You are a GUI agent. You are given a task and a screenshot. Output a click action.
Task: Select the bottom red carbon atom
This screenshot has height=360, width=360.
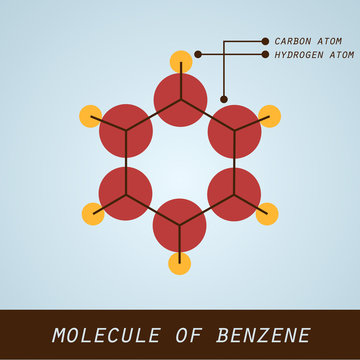[x=180, y=222]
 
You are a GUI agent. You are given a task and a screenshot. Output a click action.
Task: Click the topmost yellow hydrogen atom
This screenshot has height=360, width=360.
[x=180, y=59]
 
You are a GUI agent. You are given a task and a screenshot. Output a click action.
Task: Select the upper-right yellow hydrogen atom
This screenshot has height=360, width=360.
[x=268, y=111]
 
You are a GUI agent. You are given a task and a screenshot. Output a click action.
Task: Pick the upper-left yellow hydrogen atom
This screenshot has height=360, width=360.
[x=92, y=111]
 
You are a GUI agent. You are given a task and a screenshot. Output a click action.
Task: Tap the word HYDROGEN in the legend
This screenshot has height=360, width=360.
[x=297, y=54]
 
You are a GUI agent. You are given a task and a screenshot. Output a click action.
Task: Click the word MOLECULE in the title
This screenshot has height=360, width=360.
[x=100, y=334]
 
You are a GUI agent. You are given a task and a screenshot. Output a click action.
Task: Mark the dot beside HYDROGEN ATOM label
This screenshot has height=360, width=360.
[x=264, y=54]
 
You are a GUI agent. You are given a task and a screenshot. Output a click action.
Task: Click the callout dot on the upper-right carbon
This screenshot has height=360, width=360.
[x=223, y=99]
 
